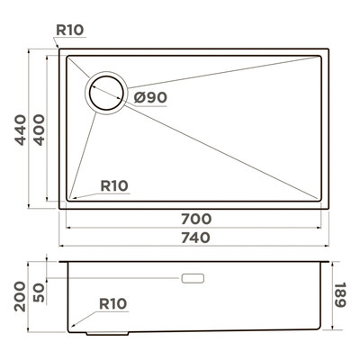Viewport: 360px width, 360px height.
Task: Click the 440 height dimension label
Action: pos(21,130)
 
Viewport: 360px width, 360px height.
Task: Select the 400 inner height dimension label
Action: pos(39,130)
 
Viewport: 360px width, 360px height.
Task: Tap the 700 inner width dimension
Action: pos(196,219)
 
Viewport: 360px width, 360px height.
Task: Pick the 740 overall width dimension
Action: pos(196,238)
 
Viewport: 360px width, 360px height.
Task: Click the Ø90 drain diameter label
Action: pos(150,97)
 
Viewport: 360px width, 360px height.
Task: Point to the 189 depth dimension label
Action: pos(340,294)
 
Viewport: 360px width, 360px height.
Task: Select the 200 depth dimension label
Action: pos(21,296)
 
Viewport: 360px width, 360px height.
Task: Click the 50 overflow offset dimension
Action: pos(39,292)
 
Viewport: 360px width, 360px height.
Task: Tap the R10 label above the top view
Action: pos(70,30)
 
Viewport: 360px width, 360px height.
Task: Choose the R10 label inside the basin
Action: pos(114,186)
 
